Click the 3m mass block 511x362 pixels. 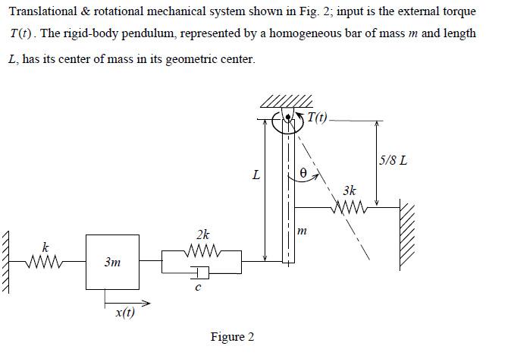coord(111,262)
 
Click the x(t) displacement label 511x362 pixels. coord(124,313)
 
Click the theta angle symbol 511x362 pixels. coord(303,173)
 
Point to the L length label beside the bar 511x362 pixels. coord(256,175)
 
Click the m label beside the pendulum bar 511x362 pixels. coord(301,231)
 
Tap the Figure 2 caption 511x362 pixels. coord(232,337)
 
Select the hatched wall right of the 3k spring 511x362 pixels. coord(408,235)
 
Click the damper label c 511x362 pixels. coord(197,288)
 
